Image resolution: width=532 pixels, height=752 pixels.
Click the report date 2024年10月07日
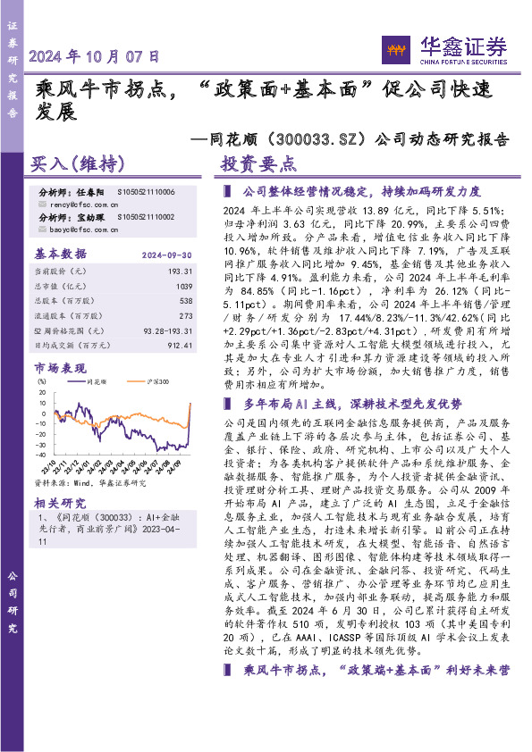tap(95, 55)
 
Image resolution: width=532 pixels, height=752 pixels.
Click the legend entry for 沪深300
tap(155, 380)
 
